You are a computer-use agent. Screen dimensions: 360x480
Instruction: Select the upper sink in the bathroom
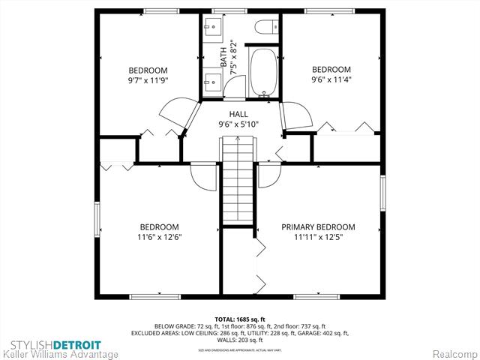pos(211,30)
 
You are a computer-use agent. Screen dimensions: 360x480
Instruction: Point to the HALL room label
pos(238,114)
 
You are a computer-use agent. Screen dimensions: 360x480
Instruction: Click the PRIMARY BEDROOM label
pos(318,226)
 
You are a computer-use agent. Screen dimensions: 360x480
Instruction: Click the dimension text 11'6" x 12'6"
pos(158,237)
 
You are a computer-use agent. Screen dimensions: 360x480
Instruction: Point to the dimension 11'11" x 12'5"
pos(318,237)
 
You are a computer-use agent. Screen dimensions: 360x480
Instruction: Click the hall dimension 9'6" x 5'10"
pos(238,124)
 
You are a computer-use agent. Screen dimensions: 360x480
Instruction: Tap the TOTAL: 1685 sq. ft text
pos(240,319)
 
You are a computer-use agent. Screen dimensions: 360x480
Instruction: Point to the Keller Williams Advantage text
pos(60,354)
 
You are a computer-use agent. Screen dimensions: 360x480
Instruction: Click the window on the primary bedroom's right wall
pos(382,193)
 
